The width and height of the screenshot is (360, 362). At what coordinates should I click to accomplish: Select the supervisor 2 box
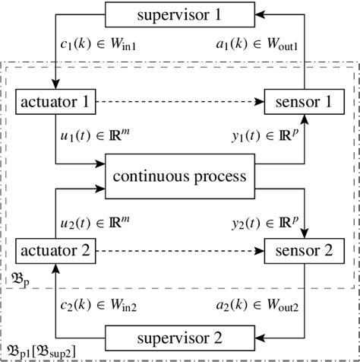coord(180,335)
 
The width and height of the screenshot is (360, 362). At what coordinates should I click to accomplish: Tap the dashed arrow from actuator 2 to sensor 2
coord(179,249)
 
